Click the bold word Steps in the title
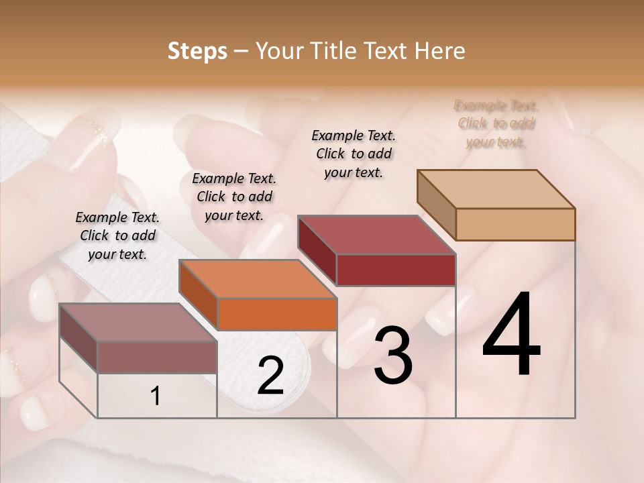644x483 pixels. pyautogui.click(x=197, y=51)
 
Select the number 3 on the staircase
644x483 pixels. pyautogui.click(x=393, y=356)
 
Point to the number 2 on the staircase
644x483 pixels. pyautogui.click(x=270, y=376)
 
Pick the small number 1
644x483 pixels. pyautogui.click(x=155, y=396)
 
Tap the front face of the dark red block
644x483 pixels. pyautogui.click(x=396, y=270)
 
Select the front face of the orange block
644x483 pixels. pyautogui.click(x=277, y=314)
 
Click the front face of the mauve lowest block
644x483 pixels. pyautogui.click(x=157, y=357)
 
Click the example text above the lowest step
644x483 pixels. pyautogui.click(x=117, y=235)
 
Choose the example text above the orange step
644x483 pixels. pyautogui.click(x=234, y=197)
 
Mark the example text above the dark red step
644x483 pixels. pyautogui.click(x=354, y=154)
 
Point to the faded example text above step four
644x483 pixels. pyautogui.click(x=496, y=123)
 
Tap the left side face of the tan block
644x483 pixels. pyautogui.click(x=437, y=206)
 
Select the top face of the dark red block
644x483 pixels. pyautogui.click(x=377, y=235)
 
